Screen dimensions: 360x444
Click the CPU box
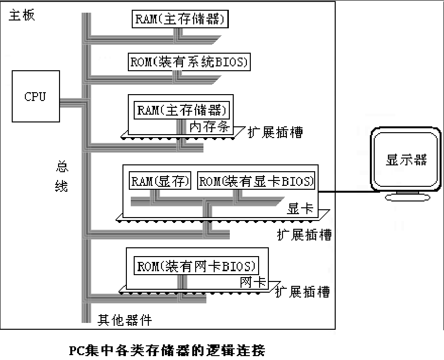[36, 96]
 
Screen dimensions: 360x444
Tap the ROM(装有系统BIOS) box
[189, 62]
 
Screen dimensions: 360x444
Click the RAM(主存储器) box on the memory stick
[182, 109]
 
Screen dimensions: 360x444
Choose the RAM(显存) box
[160, 181]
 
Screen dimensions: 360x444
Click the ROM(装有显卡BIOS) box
[256, 181]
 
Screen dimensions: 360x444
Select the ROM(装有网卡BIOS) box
[196, 266]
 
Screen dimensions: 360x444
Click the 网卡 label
[253, 282]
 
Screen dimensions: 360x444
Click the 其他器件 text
[124, 320]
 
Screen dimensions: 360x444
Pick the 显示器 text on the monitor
[406, 160]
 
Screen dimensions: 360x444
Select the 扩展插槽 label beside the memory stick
[275, 133]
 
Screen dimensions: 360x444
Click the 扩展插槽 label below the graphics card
[304, 235]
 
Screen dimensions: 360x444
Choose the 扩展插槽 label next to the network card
[303, 292]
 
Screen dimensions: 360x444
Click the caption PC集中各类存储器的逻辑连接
[166, 350]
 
